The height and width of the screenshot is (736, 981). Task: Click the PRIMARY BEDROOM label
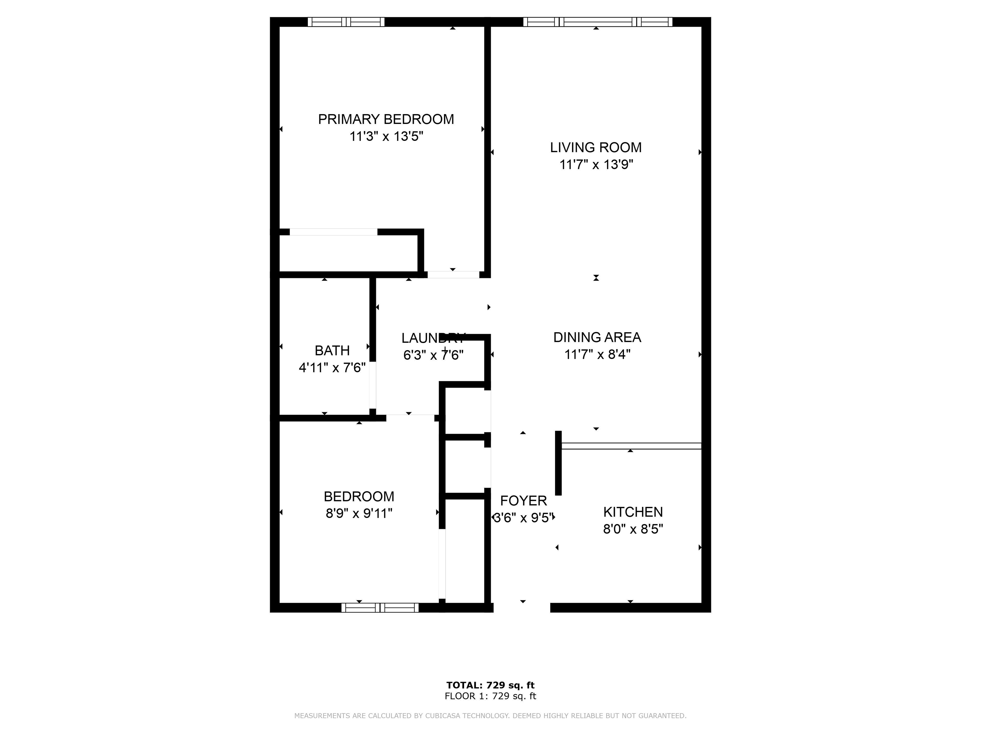pyautogui.click(x=386, y=119)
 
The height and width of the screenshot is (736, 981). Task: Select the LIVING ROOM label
pyautogui.click(x=596, y=147)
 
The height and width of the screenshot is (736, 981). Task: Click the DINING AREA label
pyautogui.click(x=597, y=337)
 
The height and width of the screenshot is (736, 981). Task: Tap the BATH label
pyautogui.click(x=332, y=350)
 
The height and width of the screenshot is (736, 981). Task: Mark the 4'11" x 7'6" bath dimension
pyautogui.click(x=332, y=367)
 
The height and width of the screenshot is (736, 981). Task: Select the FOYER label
pyautogui.click(x=523, y=501)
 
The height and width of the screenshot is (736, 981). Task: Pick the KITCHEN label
pyautogui.click(x=633, y=512)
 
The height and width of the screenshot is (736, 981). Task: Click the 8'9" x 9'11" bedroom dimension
pyautogui.click(x=359, y=513)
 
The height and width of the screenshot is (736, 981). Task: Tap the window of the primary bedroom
pyautogui.click(x=346, y=22)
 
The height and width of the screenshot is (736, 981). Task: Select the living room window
pyautogui.click(x=597, y=22)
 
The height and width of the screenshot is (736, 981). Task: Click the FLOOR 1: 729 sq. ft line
pyautogui.click(x=490, y=696)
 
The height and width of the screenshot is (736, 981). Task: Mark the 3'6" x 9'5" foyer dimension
pyautogui.click(x=523, y=518)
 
